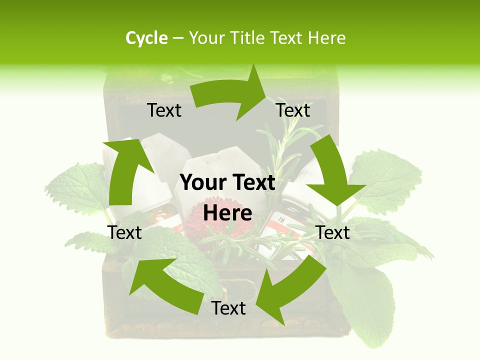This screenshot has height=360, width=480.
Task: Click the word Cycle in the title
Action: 146,38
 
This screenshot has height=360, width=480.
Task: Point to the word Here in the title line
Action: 326,38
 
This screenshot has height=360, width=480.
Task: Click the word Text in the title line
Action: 287,38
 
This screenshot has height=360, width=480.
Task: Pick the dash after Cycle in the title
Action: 178,38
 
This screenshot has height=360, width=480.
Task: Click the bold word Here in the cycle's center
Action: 227,213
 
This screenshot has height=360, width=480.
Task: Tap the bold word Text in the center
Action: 253,183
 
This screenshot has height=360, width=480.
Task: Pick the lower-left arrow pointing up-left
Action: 165,285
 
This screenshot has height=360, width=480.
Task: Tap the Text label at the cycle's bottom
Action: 228,308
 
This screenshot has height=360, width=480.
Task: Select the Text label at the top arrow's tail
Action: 164,110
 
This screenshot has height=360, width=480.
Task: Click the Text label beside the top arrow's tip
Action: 293,110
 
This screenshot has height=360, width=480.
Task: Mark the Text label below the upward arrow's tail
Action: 125,232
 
